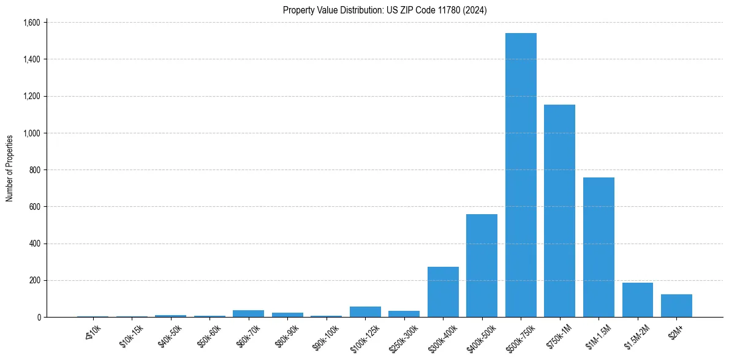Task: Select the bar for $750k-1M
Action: (559, 211)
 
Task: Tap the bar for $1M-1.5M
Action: (599, 247)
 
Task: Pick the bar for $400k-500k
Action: (482, 266)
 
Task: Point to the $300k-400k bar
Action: (443, 292)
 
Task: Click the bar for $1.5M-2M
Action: (637, 300)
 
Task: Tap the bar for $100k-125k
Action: (365, 312)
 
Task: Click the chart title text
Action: (385, 10)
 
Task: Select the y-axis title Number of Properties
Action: (10, 168)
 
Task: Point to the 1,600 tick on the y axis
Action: (31, 23)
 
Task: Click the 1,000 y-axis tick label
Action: (31, 133)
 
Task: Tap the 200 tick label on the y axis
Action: (34, 280)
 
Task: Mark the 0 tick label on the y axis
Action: (38, 317)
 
